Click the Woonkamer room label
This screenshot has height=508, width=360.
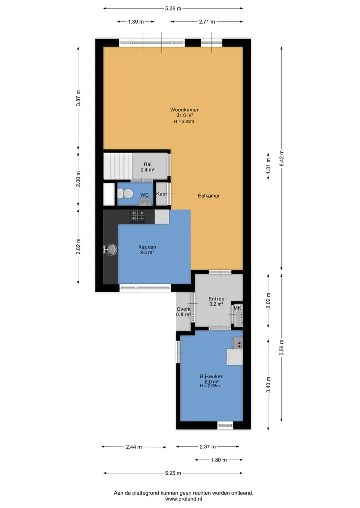pos(184,110)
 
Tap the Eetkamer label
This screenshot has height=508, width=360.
pos(209,196)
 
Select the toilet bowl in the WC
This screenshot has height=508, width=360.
pos(126,194)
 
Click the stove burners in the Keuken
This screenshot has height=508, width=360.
pos(138,216)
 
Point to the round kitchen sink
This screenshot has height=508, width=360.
pos(111,249)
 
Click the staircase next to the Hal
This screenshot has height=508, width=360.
pos(118,166)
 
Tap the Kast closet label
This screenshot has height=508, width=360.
pos(161,194)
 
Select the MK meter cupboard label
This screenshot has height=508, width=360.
pos(237,308)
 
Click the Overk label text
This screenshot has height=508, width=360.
pos(183,309)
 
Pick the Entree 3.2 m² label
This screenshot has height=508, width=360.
pos(216,301)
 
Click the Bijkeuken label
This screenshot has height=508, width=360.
pos(212,376)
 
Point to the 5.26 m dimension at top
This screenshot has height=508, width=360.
pos(173,9)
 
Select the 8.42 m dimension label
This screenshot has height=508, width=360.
pos(282,158)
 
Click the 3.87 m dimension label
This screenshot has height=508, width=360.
pos(78,98)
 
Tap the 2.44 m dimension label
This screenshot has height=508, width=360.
pos(134,447)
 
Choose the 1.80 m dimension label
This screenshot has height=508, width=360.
pos(219,460)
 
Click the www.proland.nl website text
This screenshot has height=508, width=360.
pos(183,499)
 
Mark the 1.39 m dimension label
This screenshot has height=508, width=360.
pos(136,22)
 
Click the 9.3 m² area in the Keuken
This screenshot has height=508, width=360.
pos(147,252)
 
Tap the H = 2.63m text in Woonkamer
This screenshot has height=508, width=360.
pos(184,121)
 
